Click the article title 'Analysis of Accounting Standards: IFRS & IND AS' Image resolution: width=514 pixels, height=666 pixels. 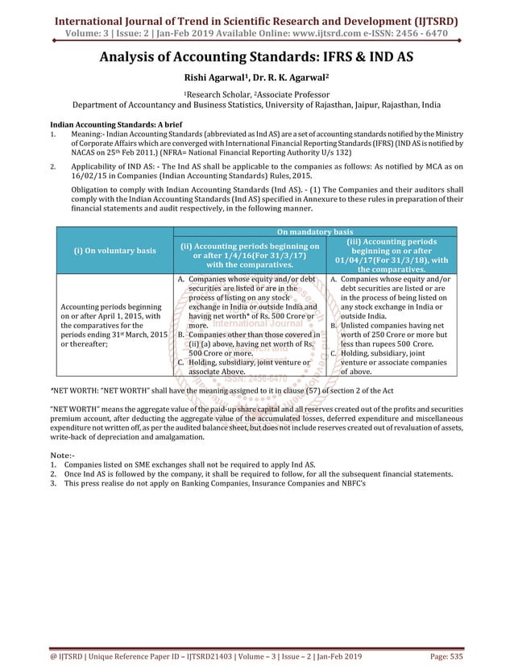[x=257, y=57]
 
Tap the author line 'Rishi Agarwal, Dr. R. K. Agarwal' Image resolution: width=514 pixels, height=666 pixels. [x=257, y=78]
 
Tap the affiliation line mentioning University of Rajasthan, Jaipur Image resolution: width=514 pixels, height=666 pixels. [x=257, y=103]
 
